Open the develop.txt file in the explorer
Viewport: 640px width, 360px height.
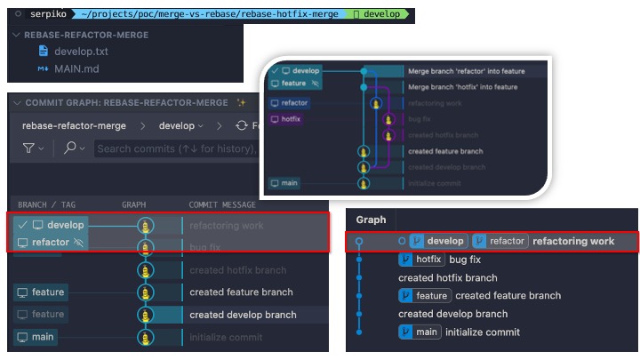80,52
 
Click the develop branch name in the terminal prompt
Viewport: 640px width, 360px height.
385,14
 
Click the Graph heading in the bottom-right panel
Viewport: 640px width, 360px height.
372,220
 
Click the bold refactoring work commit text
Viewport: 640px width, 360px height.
573,241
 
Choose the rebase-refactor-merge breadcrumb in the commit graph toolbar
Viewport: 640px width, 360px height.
74,126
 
